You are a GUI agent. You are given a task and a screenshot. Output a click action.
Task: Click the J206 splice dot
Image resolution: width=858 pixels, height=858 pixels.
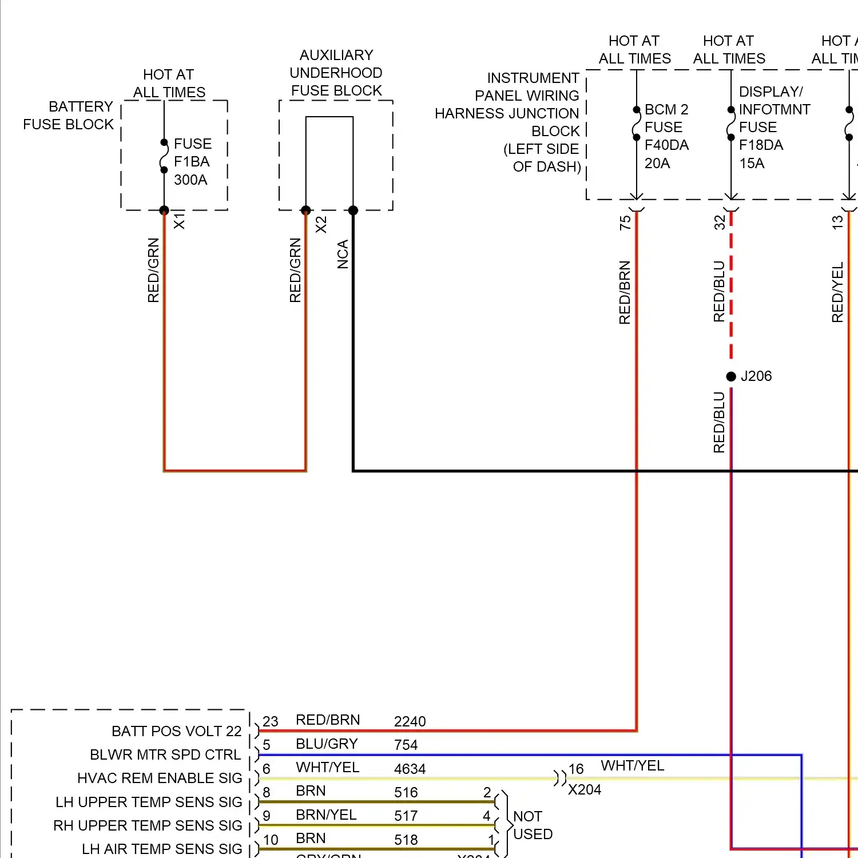click(x=731, y=376)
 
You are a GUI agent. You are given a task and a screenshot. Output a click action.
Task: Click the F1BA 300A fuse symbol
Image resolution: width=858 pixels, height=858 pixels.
click(x=164, y=156)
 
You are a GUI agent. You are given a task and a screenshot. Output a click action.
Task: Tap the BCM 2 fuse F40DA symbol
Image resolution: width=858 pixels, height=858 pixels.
click(x=637, y=124)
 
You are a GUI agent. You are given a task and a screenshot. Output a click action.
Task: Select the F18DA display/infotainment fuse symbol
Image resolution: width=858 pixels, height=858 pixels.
click(x=731, y=124)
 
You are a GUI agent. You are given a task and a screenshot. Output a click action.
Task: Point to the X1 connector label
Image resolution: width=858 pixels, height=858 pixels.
click(x=179, y=221)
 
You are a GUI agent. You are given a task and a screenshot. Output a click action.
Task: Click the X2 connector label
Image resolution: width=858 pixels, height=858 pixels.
click(x=321, y=224)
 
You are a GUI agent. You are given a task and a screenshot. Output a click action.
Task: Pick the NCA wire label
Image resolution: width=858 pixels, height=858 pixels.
click(x=343, y=254)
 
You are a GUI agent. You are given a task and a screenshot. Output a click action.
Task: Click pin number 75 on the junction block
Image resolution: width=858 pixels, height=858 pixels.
click(x=625, y=222)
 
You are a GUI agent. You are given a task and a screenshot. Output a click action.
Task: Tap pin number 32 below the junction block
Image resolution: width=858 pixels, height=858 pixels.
click(x=720, y=222)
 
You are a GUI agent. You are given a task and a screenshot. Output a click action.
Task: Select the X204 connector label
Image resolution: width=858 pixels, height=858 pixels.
click(x=585, y=790)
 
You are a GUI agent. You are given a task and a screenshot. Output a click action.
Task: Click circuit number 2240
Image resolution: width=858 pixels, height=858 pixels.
click(x=410, y=721)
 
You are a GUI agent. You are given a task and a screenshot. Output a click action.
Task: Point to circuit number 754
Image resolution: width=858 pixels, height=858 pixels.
click(x=406, y=745)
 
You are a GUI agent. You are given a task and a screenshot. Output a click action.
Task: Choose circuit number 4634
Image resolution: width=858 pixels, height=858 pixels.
click(x=410, y=769)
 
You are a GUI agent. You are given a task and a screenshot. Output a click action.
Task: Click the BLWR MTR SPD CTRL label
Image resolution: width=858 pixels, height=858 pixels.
click(x=165, y=755)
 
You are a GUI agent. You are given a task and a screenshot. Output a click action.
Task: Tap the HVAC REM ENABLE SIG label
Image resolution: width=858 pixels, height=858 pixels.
click(x=160, y=778)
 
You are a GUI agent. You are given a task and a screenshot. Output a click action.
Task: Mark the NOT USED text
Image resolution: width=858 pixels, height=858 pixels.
click(x=533, y=825)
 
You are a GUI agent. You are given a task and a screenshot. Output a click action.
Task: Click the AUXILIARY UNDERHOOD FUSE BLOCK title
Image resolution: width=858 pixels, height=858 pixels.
click(x=336, y=73)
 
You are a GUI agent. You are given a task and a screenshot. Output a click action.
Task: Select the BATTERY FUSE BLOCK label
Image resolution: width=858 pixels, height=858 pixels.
click(x=69, y=116)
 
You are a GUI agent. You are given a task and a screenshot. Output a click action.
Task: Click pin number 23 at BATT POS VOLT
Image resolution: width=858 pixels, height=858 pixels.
click(x=271, y=721)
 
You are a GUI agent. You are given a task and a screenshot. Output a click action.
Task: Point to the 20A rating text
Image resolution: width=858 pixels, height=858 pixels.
click(x=657, y=164)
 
